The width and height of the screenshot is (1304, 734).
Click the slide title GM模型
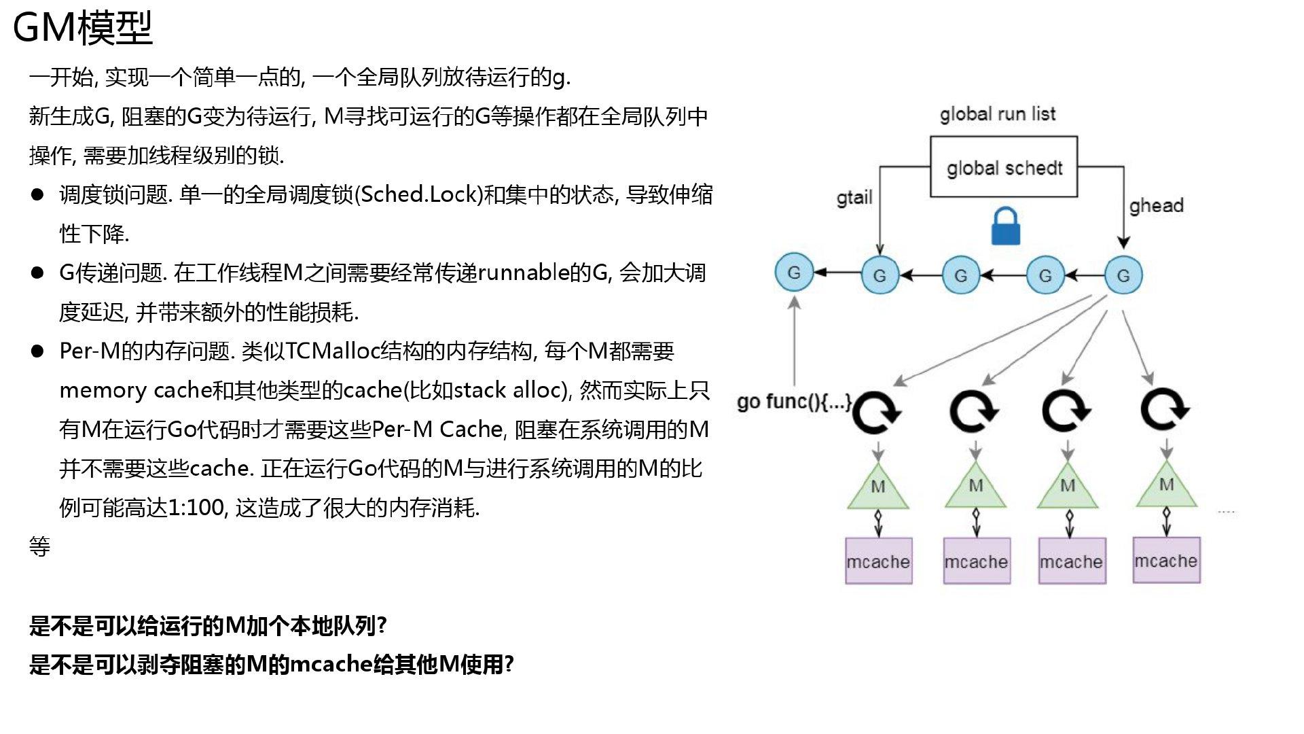[83, 29]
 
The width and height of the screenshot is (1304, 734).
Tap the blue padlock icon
[1006, 227]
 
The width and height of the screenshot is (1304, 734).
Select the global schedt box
[1003, 167]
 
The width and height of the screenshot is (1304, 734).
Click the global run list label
[997, 114]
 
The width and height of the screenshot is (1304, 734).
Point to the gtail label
[854, 198]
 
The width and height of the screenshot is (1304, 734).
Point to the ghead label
[1156, 205]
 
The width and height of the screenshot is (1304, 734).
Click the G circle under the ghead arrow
[1123, 275]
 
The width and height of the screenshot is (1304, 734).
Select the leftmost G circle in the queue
[794, 272]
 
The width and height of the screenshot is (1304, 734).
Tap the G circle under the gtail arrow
[880, 275]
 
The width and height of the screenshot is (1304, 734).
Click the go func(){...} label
[793, 402]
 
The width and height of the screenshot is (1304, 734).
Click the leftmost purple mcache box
[878, 561]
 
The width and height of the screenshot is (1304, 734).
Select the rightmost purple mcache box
[1166, 561]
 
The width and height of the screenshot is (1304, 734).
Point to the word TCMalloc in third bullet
[332, 351]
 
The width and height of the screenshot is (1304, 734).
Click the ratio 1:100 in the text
[196, 508]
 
